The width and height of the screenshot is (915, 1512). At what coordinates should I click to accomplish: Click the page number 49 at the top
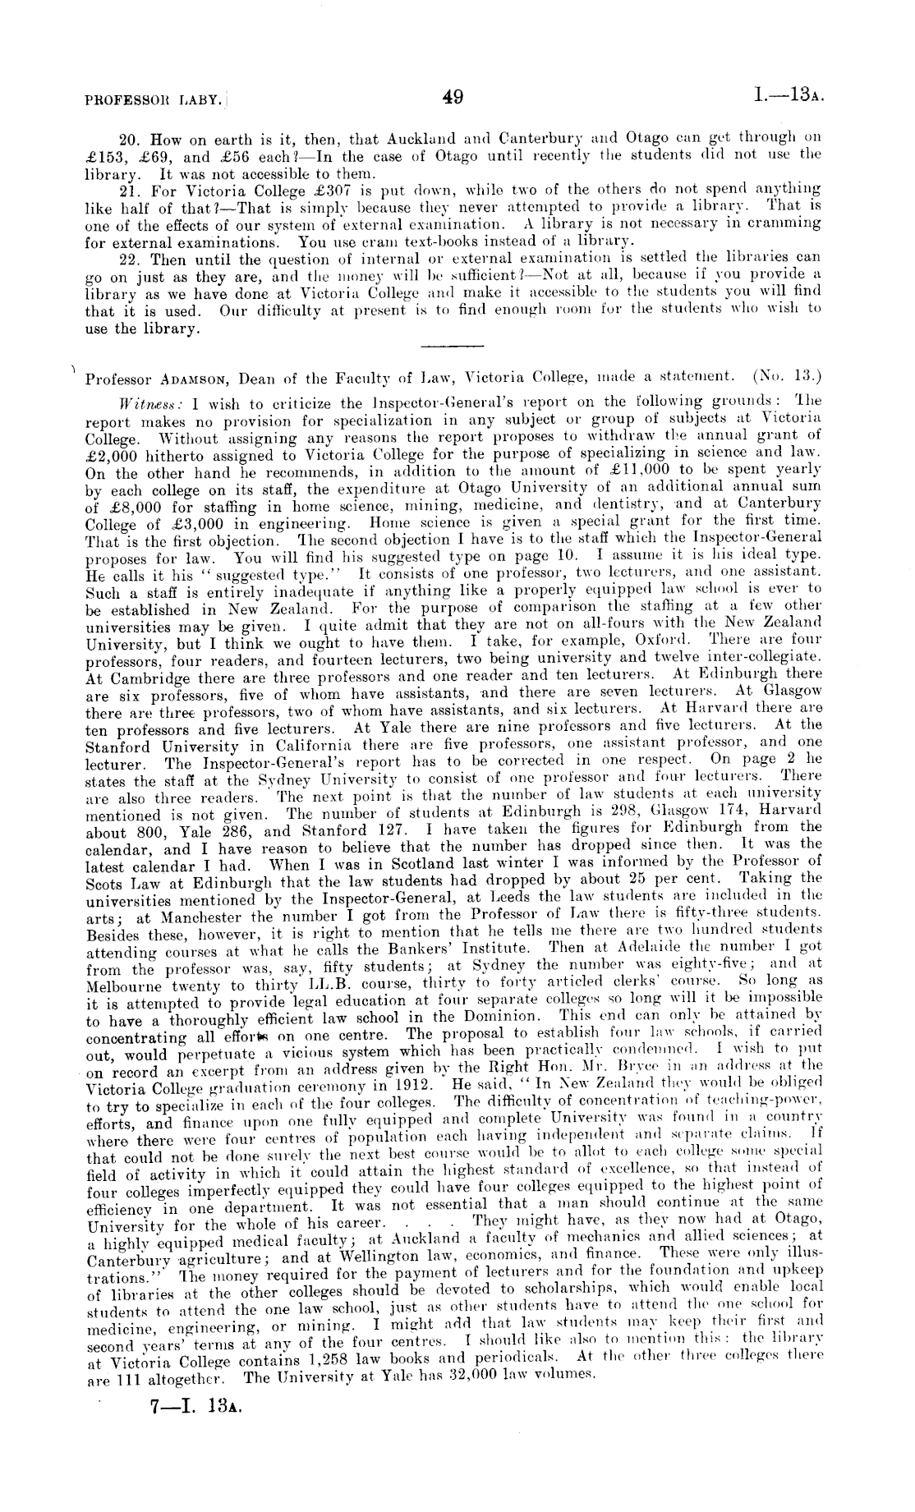click(453, 98)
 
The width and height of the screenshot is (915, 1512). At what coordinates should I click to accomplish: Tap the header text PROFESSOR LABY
click(153, 100)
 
